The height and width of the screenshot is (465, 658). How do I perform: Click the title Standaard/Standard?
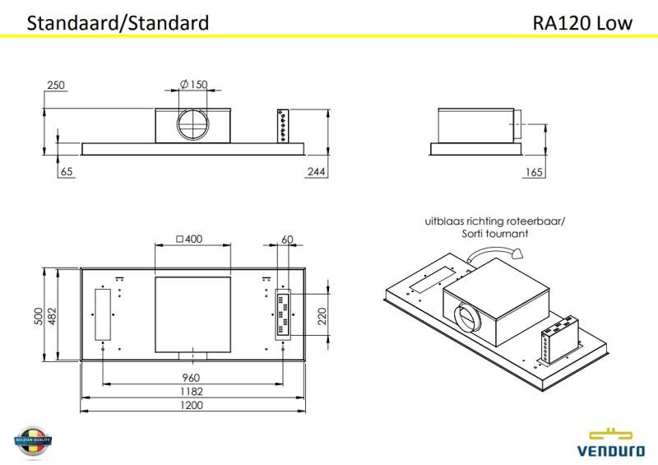tap(118, 22)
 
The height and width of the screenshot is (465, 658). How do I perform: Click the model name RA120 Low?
tap(582, 22)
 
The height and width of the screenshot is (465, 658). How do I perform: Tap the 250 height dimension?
tap(56, 85)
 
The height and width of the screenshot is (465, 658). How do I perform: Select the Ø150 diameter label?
tap(193, 85)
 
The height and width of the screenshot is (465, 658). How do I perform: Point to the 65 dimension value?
tap(67, 171)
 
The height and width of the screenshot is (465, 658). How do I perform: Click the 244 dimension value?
tap(317, 171)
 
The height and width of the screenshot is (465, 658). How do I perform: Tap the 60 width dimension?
tap(287, 239)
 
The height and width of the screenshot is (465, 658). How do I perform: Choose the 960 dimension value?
tap(192, 378)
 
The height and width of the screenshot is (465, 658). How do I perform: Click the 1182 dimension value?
tap(192, 392)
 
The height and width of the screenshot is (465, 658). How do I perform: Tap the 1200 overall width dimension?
tap(192, 406)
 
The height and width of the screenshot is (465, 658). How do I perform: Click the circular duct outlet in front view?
tap(193, 128)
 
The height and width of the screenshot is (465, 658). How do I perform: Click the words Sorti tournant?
tap(495, 234)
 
